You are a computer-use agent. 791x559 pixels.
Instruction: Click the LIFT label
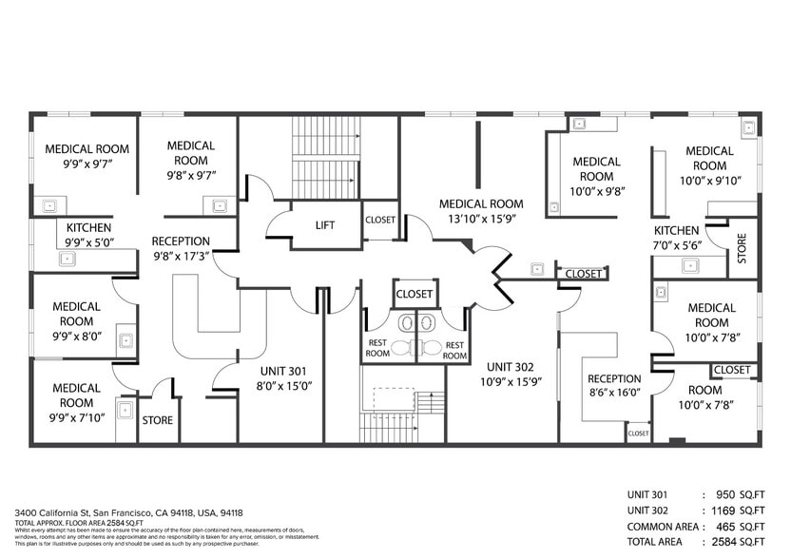pos(324,225)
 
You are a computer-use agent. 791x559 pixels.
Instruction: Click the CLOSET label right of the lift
pos(380,220)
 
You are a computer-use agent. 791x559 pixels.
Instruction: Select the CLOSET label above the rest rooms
pos(414,294)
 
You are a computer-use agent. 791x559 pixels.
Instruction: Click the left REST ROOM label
pos(377,350)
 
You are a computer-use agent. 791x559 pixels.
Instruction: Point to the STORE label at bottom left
pos(157,418)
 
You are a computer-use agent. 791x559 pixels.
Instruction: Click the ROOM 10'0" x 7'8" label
pos(704,397)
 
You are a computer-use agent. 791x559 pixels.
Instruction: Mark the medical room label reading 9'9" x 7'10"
pos(77,403)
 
